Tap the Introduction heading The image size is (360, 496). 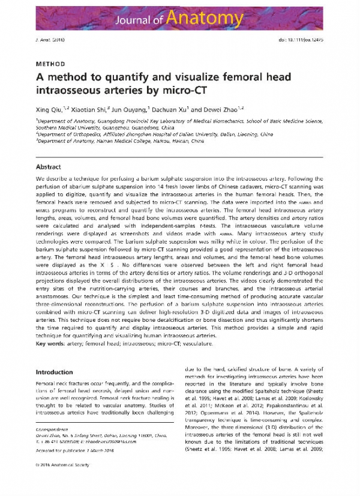click(x=55, y=372)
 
